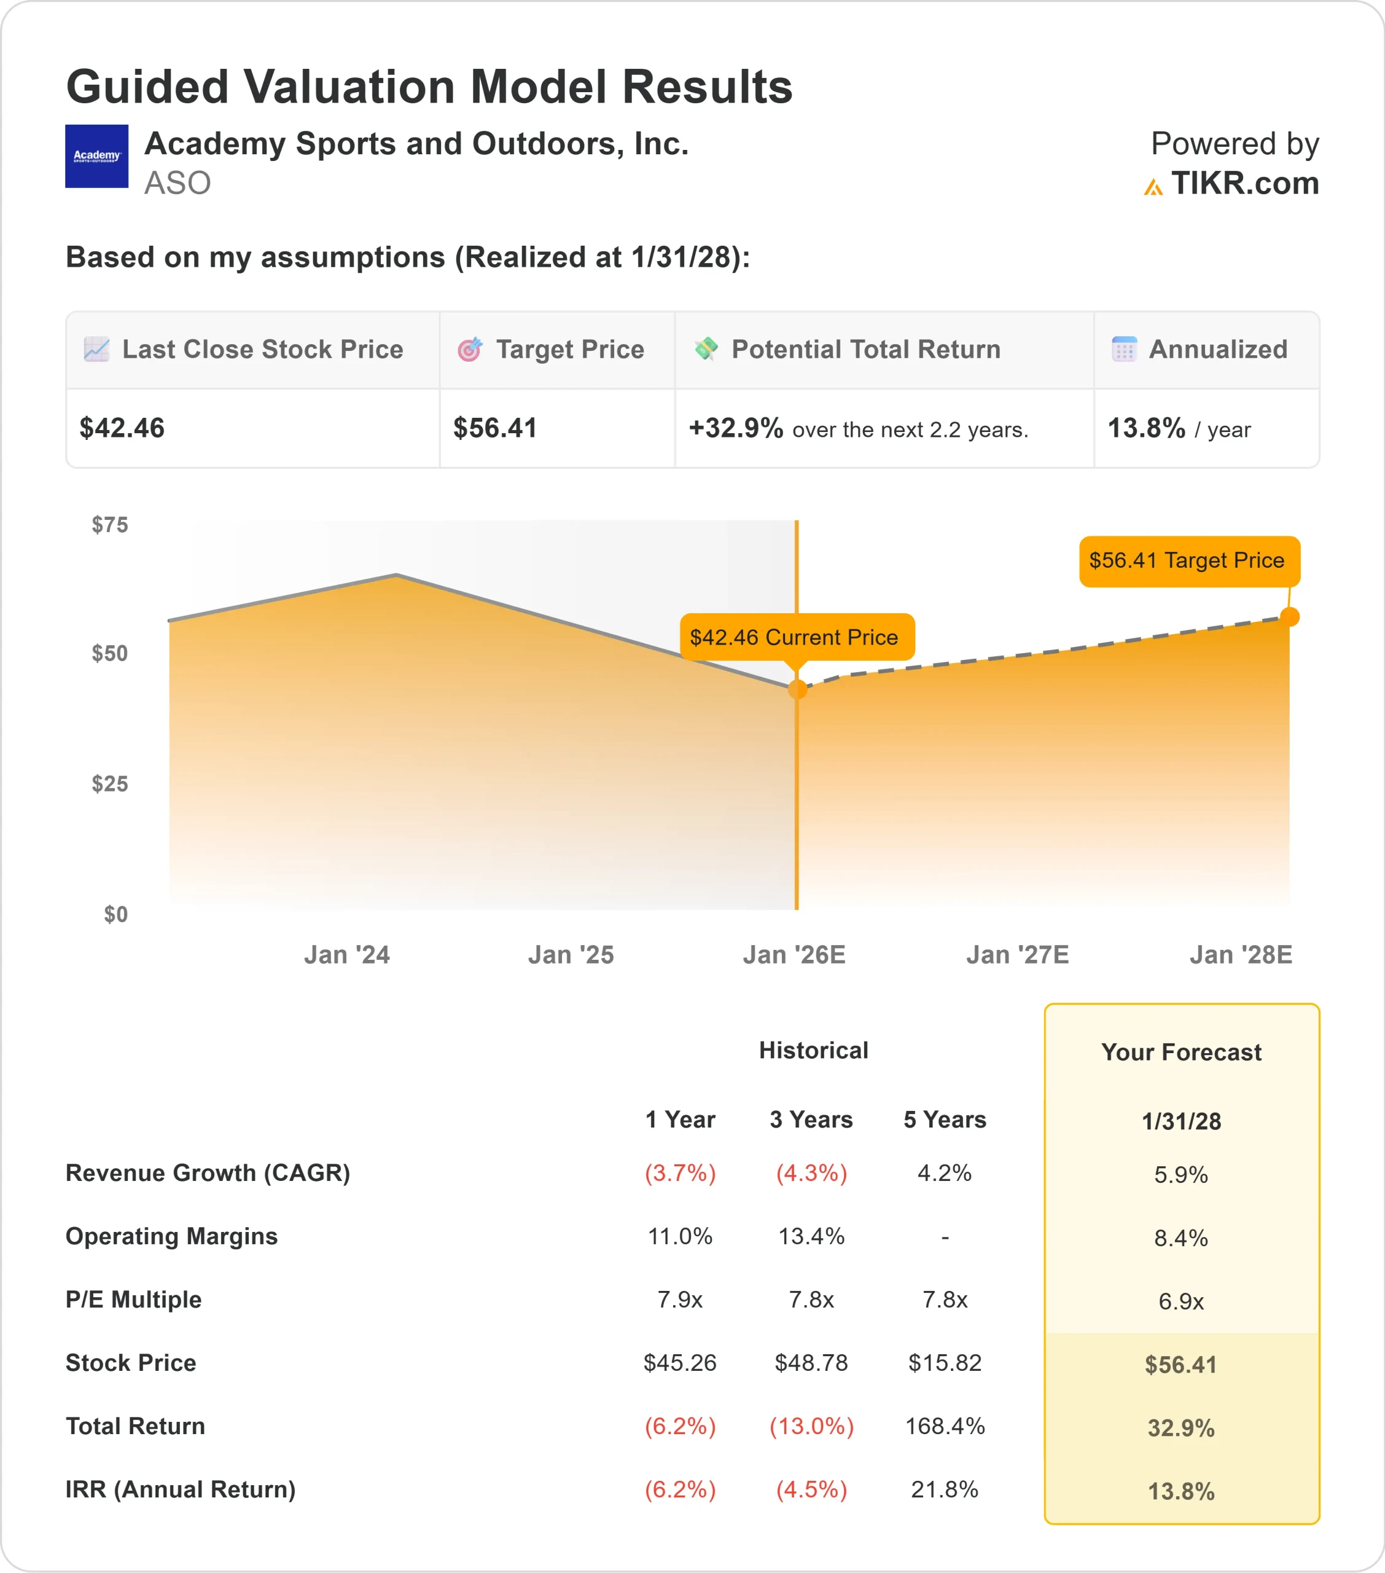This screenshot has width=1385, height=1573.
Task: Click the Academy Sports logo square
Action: pyautogui.click(x=96, y=156)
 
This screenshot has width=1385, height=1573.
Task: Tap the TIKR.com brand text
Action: pyautogui.click(x=1244, y=184)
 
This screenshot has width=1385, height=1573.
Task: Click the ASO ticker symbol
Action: pyautogui.click(x=177, y=183)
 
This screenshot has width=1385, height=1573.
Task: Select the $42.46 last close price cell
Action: pyautogui.click(x=122, y=428)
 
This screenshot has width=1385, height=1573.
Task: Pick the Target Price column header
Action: pyautogui.click(x=569, y=350)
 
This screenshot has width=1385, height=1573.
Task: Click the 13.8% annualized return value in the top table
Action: pyautogui.click(x=1145, y=428)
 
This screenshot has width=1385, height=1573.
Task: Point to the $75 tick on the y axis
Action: pyautogui.click(x=110, y=525)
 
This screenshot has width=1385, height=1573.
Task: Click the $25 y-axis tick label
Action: pyautogui.click(x=110, y=784)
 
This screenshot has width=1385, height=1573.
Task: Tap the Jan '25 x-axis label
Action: pyautogui.click(x=570, y=955)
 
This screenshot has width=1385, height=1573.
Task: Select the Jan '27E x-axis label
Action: pyautogui.click(x=1017, y=955)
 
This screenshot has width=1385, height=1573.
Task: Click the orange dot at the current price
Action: pyautogui.click(x=797, y=689)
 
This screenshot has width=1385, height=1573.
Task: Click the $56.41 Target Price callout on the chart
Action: pyautogui.click(x=1189, y=561)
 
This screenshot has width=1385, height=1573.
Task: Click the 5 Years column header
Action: pyautogui.click(x=944, y=1120)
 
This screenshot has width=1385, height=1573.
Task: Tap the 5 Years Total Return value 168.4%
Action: pyautogui.click(x=944, y=1426)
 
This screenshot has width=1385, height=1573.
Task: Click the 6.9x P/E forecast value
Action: pyautogui.click(x=1180, y=1301)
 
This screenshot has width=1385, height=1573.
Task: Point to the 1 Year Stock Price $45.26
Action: pyautogui.click(x=679, y=1363)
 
